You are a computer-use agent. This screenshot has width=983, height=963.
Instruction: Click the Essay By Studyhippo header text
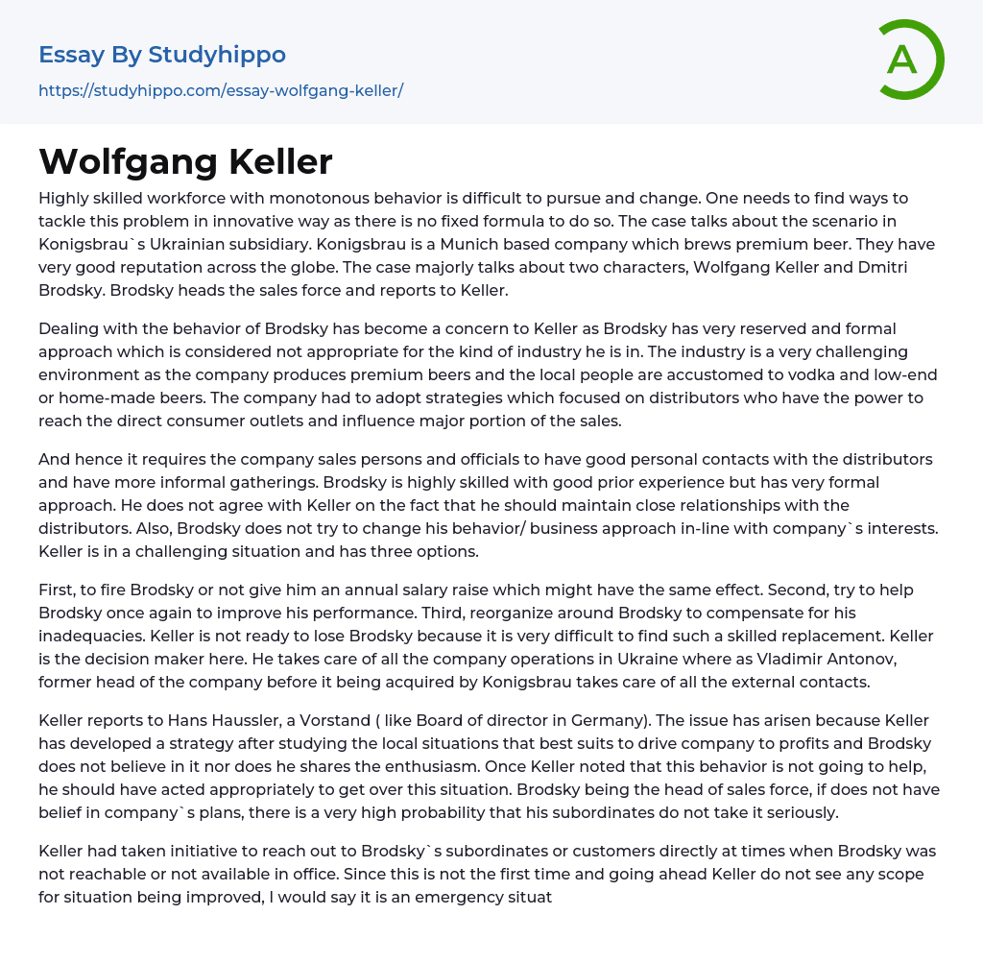coord(162,55)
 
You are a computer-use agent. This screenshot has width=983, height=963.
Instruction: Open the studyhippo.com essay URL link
coord(221,90)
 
